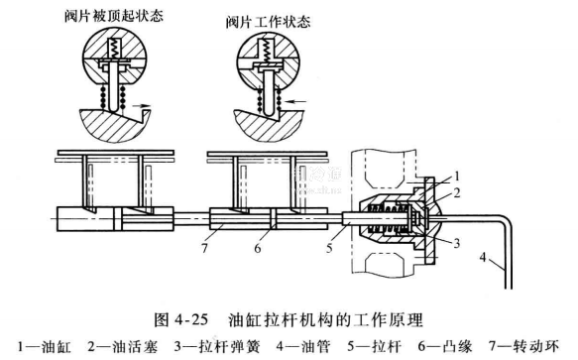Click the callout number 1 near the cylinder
(457, 177)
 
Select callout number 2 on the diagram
(457, 192)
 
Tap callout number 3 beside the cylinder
(457, 243)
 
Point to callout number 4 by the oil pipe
(483, 257)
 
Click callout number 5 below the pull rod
(329, 248)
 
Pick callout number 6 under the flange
(258, 248)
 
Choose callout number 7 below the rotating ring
(204, 248)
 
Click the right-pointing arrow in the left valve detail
(142, 105)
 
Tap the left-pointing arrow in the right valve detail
(297, 101)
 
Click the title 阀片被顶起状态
(114, 17)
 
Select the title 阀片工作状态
(268, 22)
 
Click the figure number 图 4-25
(181, 319)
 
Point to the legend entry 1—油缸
(45, 346)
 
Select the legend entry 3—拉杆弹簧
(217, 346)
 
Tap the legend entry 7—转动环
(523, 346)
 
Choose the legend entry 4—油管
(303, 346)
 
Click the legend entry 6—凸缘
(445, 346)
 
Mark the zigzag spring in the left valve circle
(113, 49)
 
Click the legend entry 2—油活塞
(123, 346)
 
